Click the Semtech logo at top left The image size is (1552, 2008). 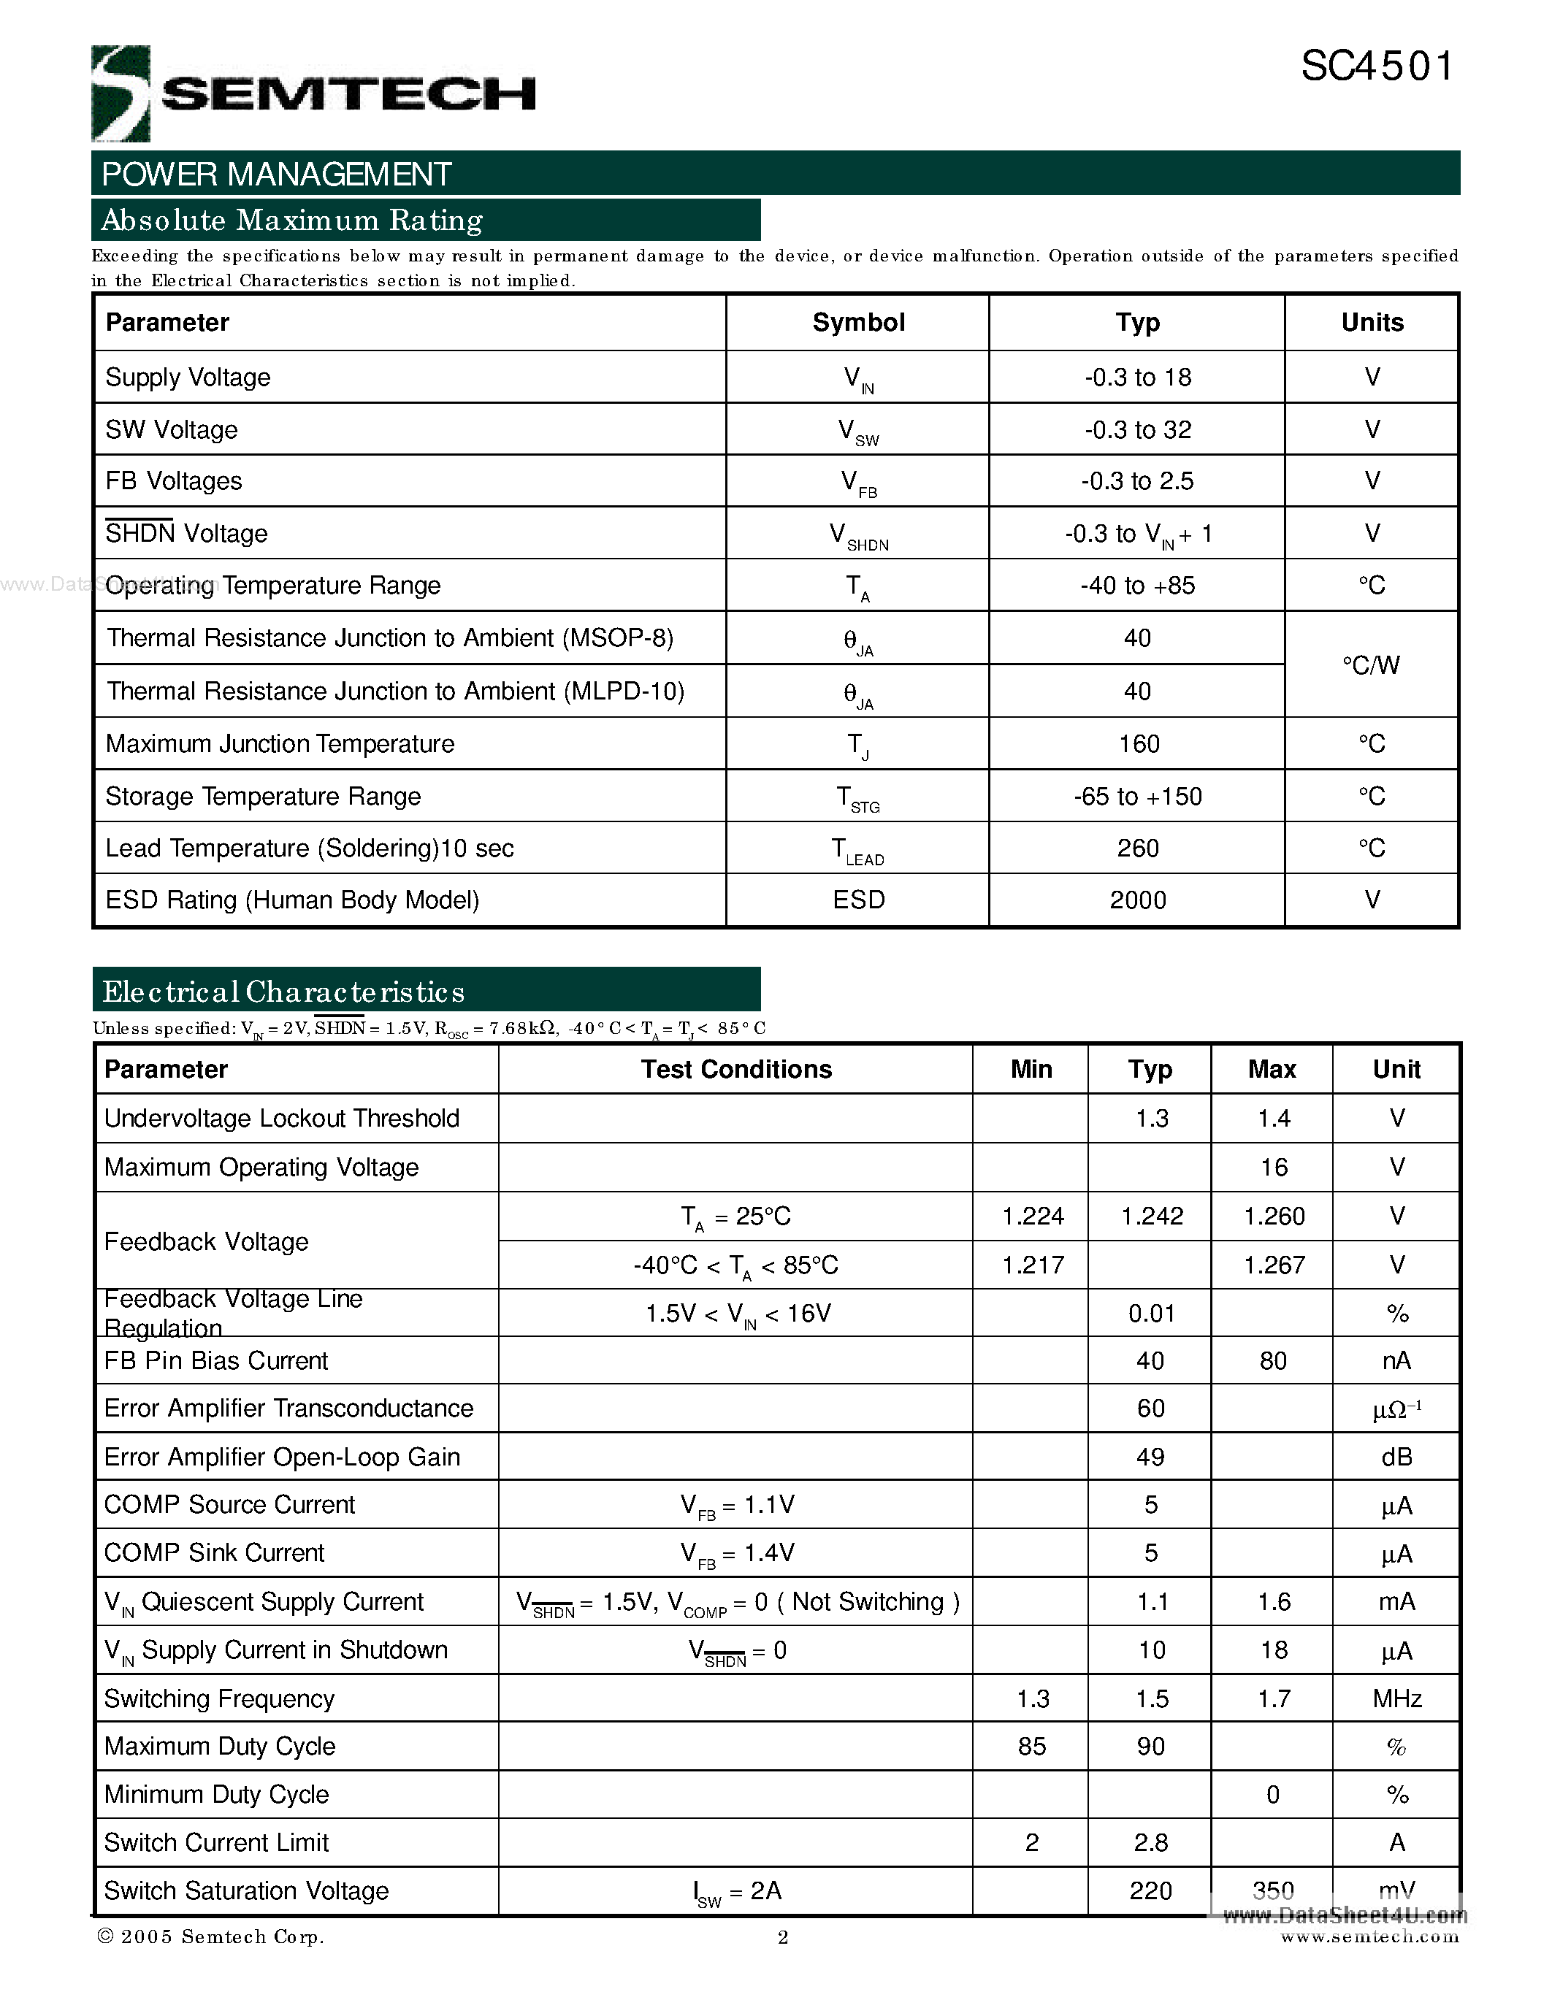pos(313,93)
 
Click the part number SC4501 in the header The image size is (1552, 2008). pos(1377,67)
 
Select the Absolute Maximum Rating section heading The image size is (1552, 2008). pos(292,221)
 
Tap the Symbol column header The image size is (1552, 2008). pos(858,323)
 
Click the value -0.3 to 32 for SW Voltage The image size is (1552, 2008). pos(1137,429)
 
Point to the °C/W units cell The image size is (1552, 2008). pos(1371,664)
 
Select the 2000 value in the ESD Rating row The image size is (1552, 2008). pos(1137,900)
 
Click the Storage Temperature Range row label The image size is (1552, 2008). pos(263,796)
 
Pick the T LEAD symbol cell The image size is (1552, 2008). pos(858,849)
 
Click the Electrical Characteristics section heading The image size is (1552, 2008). pos(284,992)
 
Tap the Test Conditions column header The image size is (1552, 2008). pos(735,1069)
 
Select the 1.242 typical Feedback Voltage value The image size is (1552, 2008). pos(1151,1216)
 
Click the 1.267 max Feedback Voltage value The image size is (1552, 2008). pos(1274,1265)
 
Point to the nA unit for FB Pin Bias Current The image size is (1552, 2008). pos(1396,1361)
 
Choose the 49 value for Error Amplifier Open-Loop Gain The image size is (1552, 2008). pos(1150,1457)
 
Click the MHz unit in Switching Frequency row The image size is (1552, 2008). pos(1396,1699)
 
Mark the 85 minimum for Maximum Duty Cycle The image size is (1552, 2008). pos(1031,1747)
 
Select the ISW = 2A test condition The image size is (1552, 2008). pos(736,1891)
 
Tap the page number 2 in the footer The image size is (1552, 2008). pos(782,1938)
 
